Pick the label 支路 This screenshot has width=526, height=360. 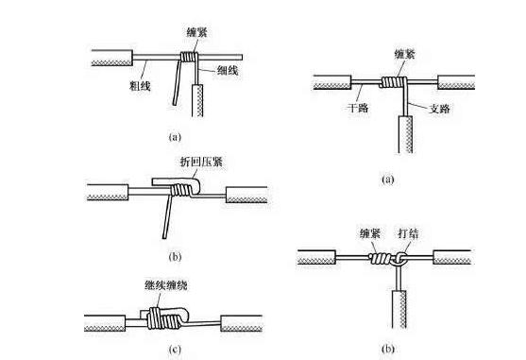[x=437, y=109]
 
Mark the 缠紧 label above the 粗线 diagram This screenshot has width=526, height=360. [x=196, y=31]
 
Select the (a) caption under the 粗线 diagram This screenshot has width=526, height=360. [x=174, y=137]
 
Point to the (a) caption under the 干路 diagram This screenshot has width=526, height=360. [x=386, y=178]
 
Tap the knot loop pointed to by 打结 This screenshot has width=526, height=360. [x=400, y=259]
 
